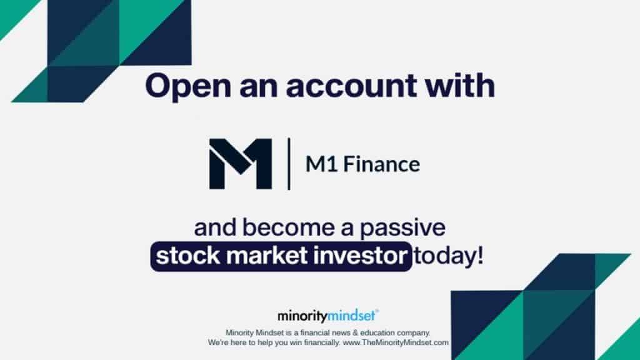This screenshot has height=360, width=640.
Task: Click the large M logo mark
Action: click(241, 164)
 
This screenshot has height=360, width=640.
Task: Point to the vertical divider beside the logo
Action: click(289, 164)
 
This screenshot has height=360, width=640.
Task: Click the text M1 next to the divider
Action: click(321, 164)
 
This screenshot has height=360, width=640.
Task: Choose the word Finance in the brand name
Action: click(382, 164)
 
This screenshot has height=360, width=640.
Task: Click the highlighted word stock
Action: click(188, 256)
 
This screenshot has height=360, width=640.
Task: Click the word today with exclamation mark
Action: click(449, 256)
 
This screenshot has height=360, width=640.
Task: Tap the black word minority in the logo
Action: click(302, 316)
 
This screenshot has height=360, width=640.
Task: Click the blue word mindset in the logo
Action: click(352, 316)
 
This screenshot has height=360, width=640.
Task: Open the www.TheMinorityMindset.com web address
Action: click(396, 343)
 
